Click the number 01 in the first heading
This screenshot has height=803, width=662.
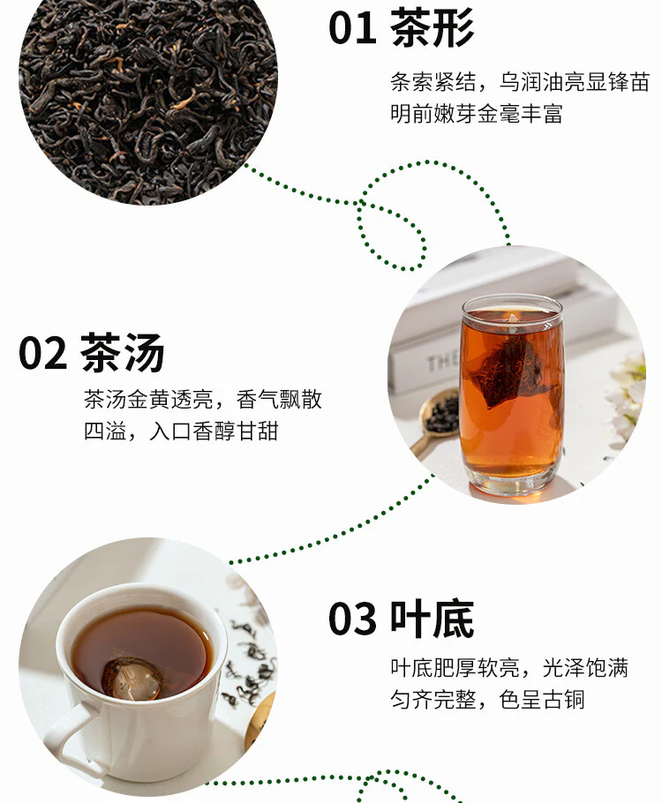tap(352, 28)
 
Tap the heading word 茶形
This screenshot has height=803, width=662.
tap(432, 27)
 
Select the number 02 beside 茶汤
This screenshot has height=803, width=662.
tap(42, 353)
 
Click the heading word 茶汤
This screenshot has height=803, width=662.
tap(122, 352)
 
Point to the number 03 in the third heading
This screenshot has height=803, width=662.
tap(352, 619)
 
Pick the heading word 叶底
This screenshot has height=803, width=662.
tap(432, 619)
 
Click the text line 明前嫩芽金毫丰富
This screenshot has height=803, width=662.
tap(477, 114)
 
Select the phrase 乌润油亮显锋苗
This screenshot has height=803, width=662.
tap(575, 82)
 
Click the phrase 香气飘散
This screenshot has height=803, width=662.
tap(279, 400)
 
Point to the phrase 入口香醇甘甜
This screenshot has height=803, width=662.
tap(214, 432)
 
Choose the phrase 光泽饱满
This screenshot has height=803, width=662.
tap(585, 668)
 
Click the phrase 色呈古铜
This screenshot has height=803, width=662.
tap(542, 700)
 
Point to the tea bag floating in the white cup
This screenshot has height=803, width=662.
tap(132, 679)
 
